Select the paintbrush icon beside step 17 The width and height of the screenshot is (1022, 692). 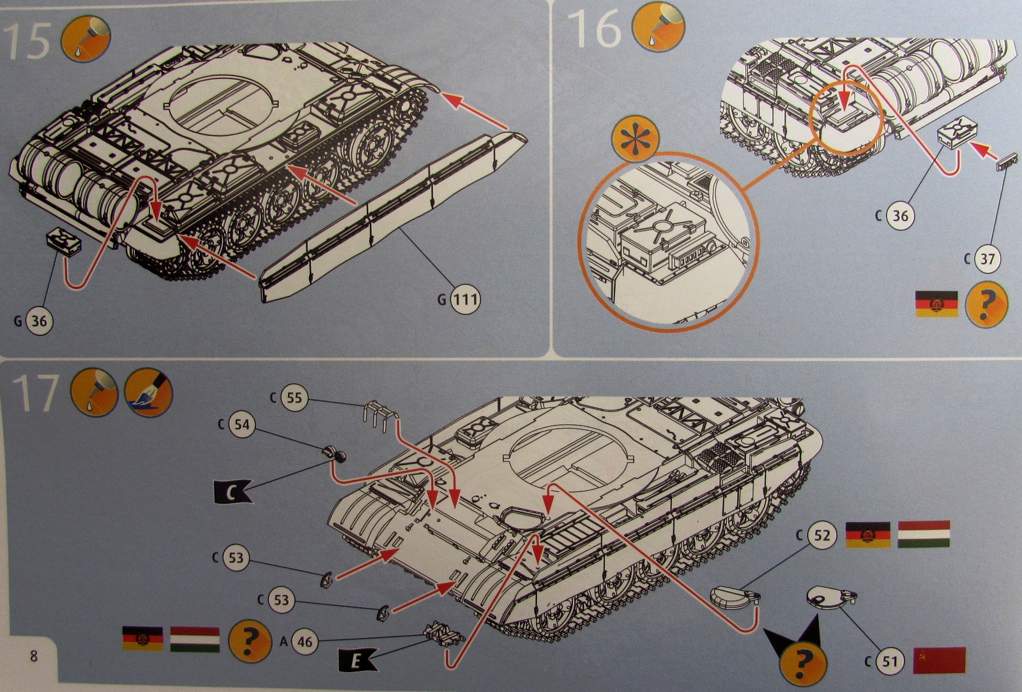pyautogui.click(x=149, y=392)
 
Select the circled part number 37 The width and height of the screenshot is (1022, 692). pyautogui.click(x=987, y=259)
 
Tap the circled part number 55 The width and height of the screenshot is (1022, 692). pyautogui.click(x=294, y=397)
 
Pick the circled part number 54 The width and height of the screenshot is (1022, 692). pyautogui.click(x=242, y=424)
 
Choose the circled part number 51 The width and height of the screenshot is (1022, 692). pyautogui.click(x=890, y=661)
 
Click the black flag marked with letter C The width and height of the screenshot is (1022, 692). pyautogui.click(x=233, y=493)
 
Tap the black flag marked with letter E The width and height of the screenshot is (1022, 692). pyautogui.click(x=356, y=661)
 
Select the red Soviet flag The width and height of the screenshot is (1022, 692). pyautogui.click(x=939, y=660)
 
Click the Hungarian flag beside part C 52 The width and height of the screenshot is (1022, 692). pyautogui.click(x=924, y=534)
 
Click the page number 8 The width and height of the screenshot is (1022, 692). pyautogui.click(x=33, y=656)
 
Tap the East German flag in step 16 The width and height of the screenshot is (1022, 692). pyautogui.click(x=936, y=304)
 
